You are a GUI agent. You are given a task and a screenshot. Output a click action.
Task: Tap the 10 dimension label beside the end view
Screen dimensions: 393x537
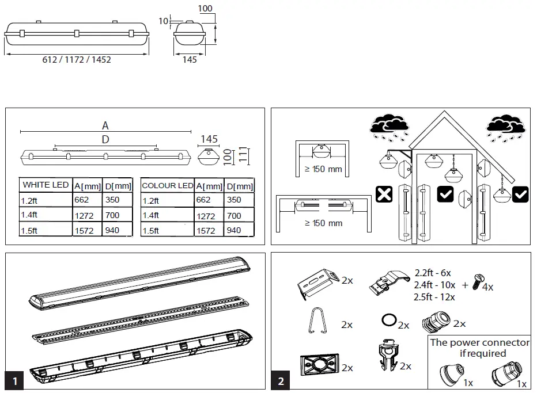click(163, 21)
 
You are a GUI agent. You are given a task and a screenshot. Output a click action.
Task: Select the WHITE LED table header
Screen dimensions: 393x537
click(45, 185)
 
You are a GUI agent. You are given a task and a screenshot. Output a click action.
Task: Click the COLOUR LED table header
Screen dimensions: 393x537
click(167, 186)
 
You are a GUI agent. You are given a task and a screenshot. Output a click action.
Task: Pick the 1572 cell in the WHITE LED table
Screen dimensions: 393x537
click(85, 230)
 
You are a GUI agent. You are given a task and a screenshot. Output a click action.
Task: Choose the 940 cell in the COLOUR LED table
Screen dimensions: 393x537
click(234, 230)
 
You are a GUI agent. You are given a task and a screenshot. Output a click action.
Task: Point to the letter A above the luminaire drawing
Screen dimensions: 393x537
click(105, 125)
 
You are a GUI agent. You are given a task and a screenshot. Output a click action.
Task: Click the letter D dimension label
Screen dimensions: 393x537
click(105, 139)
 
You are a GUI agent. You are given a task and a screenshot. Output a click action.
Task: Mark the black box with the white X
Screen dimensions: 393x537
click(384, 194)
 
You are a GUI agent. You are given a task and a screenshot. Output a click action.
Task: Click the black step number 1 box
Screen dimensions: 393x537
click(14, 380)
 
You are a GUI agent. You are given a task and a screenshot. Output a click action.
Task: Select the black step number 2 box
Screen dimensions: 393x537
click(281, 380)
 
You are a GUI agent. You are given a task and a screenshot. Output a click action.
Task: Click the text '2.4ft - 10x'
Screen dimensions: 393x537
click(434, 285)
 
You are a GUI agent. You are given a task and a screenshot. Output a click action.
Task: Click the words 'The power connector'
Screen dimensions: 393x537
click(480, 342)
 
